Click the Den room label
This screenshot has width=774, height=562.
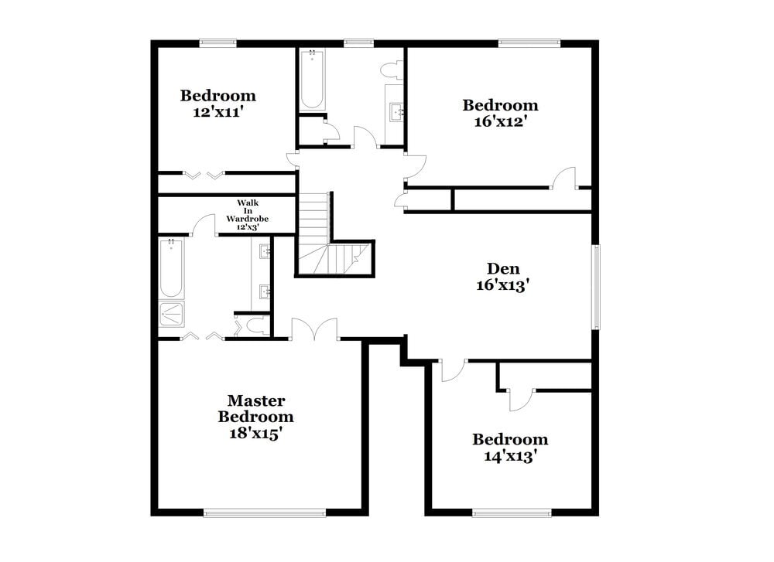(502, 269)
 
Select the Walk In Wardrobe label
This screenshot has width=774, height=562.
(248, 214)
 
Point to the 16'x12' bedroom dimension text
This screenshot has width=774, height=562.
(500, 121)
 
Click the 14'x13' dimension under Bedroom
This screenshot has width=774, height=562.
(510, 456)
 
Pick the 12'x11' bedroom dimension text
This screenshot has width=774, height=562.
(218, 111)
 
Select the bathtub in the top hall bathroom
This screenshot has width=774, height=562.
(312, 80)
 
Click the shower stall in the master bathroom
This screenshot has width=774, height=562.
(171, 314)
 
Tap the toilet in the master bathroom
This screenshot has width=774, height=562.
(250, 326)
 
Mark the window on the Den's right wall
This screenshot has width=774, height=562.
(595, 286)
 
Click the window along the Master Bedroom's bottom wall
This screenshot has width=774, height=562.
(264, 512)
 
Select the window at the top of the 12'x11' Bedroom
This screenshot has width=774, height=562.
(217, 43)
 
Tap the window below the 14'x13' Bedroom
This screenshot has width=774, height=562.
(512, 512)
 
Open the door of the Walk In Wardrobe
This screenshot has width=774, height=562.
(204, 225)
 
